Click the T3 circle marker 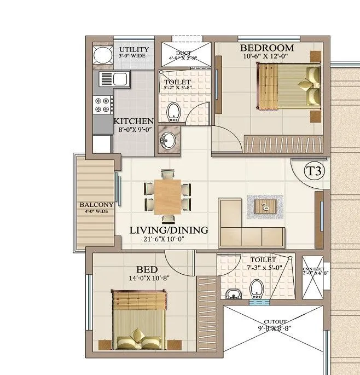click(314, 170)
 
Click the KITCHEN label click(133, 121)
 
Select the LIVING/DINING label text click(169, 230)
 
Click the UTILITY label click(134, 50)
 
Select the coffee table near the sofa click(265, 206)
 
